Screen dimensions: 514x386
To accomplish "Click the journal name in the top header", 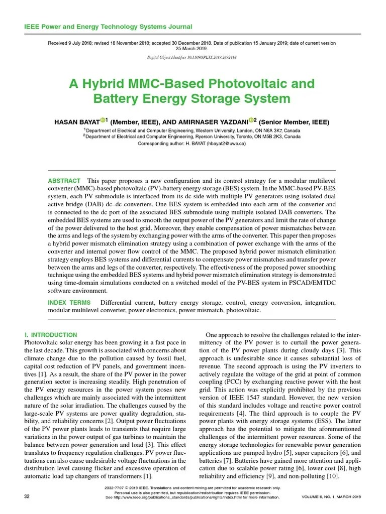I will pyautogui.click(x=108, y=27).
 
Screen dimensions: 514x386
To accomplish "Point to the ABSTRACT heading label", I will pyautogui.click(x=64, y=181).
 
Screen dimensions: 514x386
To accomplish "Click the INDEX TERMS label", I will pyautogui.click(x=69, y=303).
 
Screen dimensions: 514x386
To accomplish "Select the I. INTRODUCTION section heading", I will pyautogui.click(x=51, y=335).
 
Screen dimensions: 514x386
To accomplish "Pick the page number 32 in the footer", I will pyautogui.click(x=27, y=496).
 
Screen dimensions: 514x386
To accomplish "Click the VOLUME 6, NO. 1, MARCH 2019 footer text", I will pyautogui.click(x=331, y=496).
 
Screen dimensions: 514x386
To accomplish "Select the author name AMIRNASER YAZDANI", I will pyautogui.click(x=211, y=122).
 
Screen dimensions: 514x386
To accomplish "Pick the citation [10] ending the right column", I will pyautogui.click(x=333, y=476).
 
